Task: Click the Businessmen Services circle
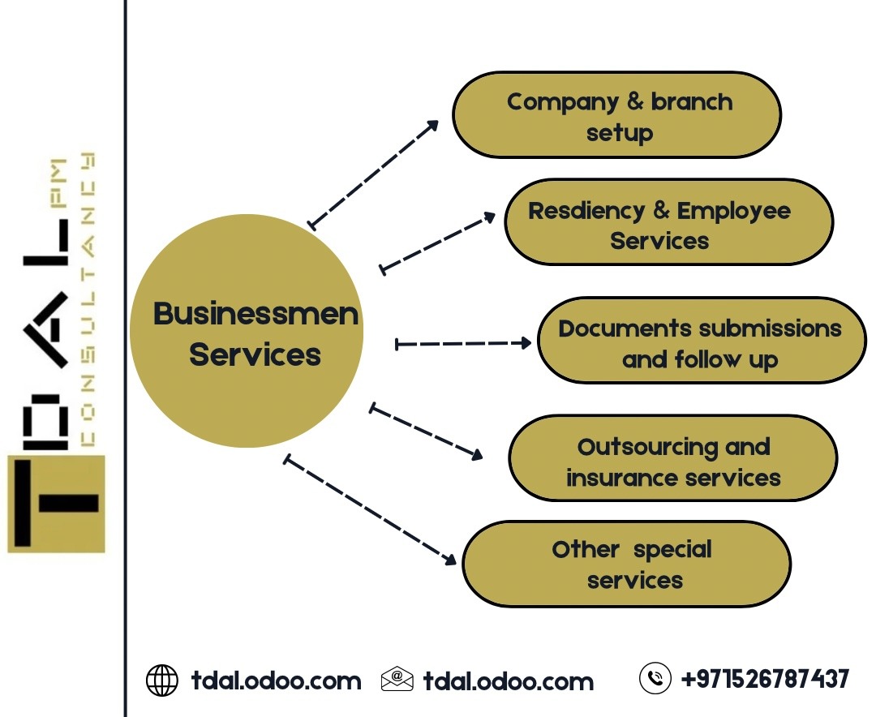pos(247,331)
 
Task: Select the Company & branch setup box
pos(616,114)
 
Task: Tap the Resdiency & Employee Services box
pos(668,222)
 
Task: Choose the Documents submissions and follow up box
pos(702,340)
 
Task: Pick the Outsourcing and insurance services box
pos(672,458)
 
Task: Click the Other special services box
pos(626,564)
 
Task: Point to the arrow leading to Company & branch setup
pos(374,173)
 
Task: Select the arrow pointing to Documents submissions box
pos(462,344)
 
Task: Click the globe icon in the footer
pos(161,680)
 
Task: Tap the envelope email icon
pos(397,680)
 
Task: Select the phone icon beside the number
pos(655,678)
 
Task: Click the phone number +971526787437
pos(765,678)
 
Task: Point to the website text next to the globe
pos(276,680)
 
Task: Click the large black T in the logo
pos(55,503)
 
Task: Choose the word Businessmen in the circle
pos(255,314)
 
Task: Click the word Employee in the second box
pos(733,211)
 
